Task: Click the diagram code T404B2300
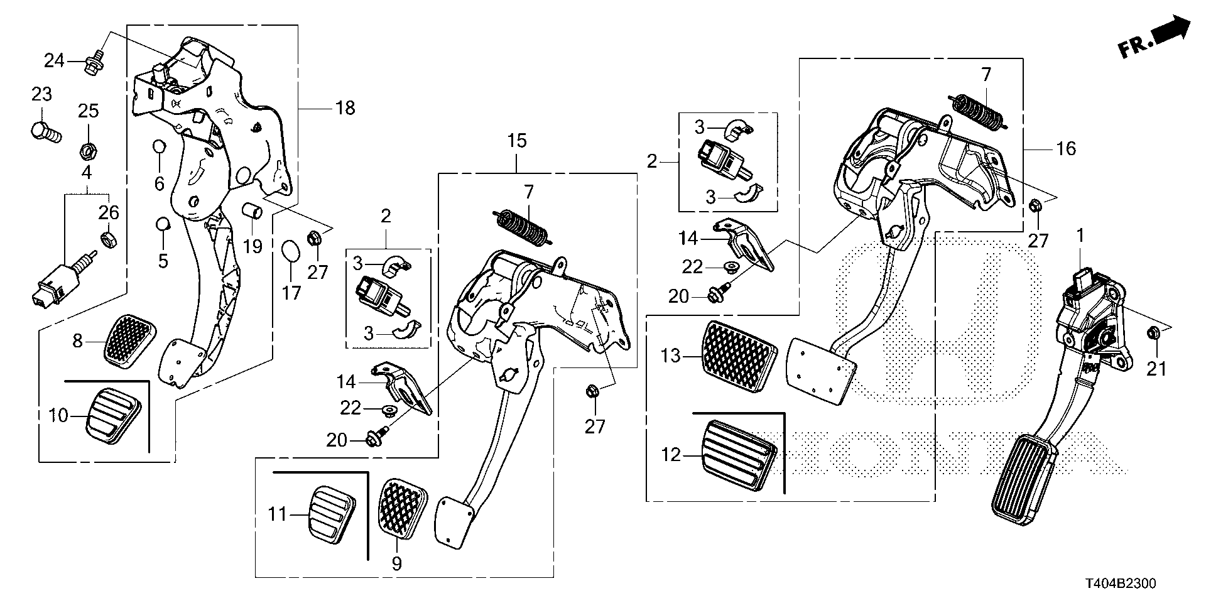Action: (1117, 584)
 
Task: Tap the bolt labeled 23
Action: (45, 132)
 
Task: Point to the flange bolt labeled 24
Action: (95, 62)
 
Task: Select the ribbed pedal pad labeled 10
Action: (114, 416)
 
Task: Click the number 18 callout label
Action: (345, 108)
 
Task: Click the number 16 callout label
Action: (1067, 149)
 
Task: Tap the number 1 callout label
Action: (1080, 236)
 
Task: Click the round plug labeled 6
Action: (159, 147)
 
